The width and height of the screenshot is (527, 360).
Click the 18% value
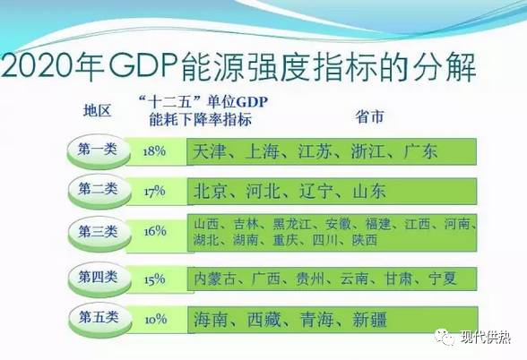154,151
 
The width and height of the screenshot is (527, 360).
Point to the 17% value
154,191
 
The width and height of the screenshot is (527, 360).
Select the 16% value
154,231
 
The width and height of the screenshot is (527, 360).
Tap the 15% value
154,279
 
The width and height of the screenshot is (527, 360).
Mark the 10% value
154,319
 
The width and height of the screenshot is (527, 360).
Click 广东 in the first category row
420,151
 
